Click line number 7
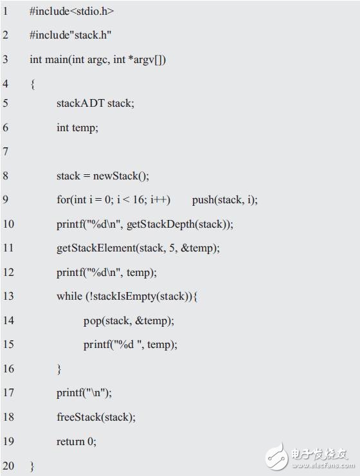(x=5, y=151)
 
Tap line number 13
(x=8, y=296)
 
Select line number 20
(x=8, y=465)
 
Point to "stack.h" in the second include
(x=91, y=35)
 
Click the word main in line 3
(x=57, y=59)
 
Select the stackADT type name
(x=80, y=103)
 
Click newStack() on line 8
(x=121, y=176)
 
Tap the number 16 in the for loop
(x=138, y=199)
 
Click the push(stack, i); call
(x=225, y=200)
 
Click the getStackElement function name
(x=96, y=248)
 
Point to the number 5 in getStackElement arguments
(x=172, y=248)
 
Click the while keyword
(x=69, y=296)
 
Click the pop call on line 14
(x=129, y=320)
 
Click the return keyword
(x=71, y=441)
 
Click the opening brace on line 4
(x=33, y=84)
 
